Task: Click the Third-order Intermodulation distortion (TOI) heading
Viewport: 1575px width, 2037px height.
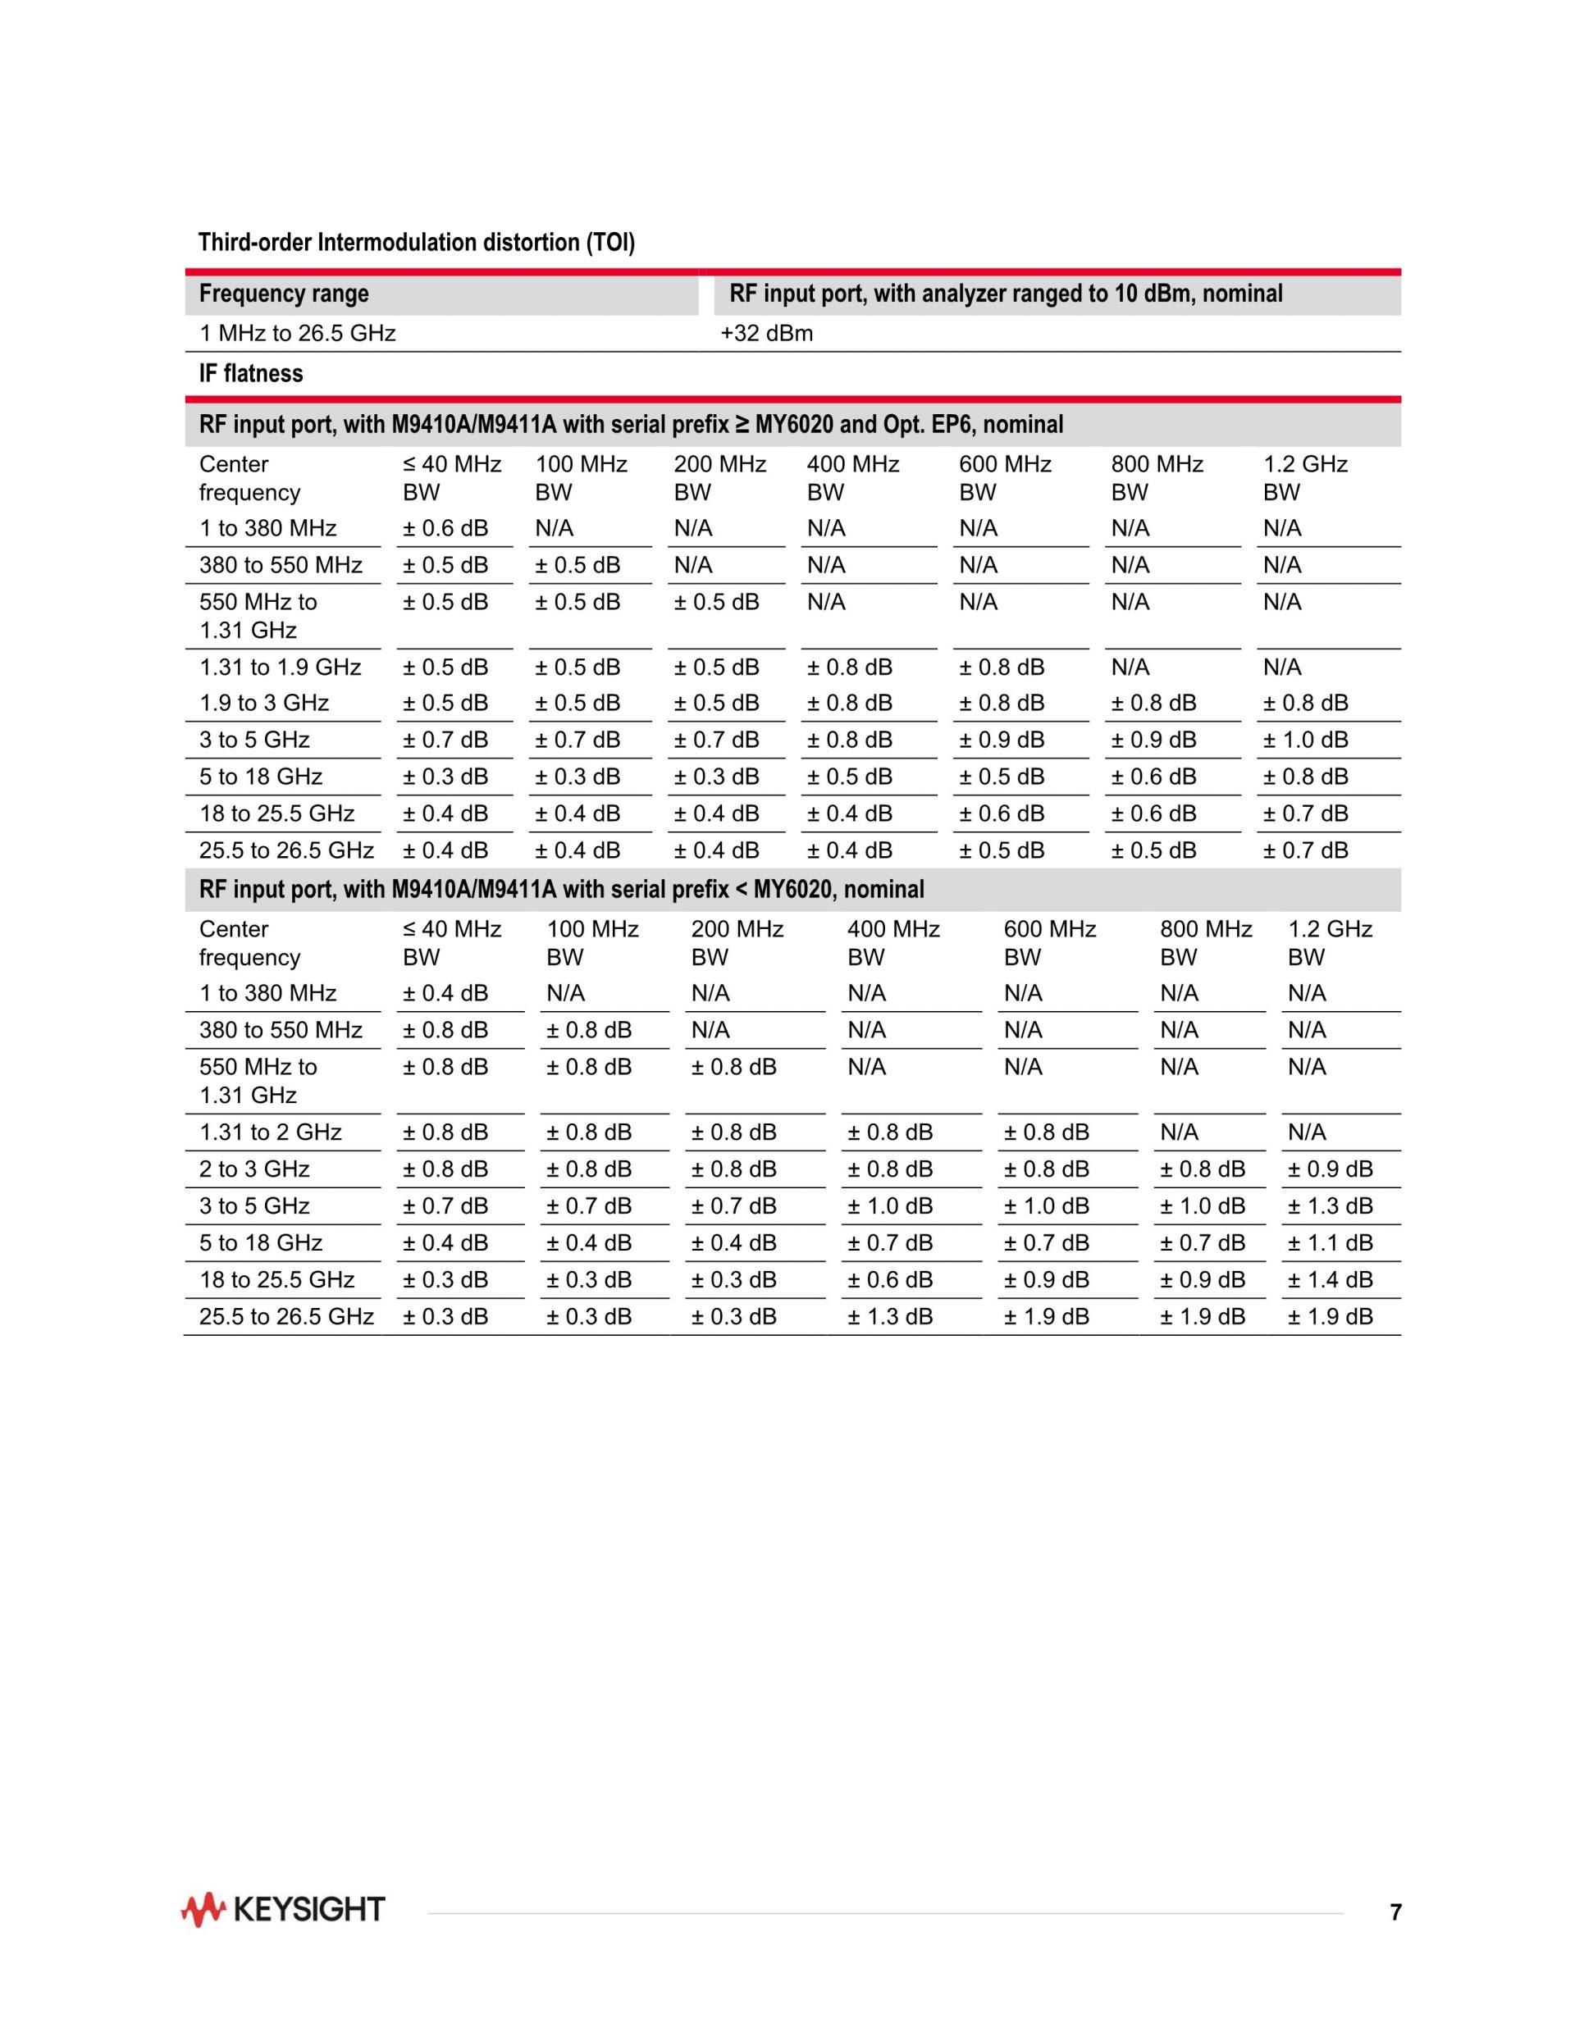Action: point(416,244)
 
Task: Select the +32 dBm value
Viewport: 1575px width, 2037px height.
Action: point(766,334)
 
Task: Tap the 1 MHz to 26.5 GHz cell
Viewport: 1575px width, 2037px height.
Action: point(297,334)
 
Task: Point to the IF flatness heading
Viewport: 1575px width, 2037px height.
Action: point(250,374)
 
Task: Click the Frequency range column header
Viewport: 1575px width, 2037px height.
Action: point(284,294)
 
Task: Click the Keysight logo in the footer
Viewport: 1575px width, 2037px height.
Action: point(283,1910)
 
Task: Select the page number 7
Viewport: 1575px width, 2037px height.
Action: point(1395,1912)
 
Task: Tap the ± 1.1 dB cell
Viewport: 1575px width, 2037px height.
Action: point(1330,1242)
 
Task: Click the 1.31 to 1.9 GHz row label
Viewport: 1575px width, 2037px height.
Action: point(280,667)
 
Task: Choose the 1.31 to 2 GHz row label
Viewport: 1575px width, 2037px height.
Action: point(270,1132)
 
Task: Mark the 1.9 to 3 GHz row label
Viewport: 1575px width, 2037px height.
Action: point(264,704)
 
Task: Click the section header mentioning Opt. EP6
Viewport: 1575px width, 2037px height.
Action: point(631,426)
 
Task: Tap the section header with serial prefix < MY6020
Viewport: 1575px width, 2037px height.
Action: point(561,890)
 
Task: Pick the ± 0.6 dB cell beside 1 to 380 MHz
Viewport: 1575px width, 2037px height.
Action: point(445,529)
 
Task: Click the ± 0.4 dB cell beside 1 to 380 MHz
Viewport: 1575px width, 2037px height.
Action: point(445,993)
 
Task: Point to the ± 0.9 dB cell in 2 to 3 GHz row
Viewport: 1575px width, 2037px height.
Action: point(1330,1169)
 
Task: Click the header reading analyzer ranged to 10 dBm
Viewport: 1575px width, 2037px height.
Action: point(1006,294)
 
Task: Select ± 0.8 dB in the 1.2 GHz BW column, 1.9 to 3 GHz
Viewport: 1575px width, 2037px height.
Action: point(1305,704)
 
